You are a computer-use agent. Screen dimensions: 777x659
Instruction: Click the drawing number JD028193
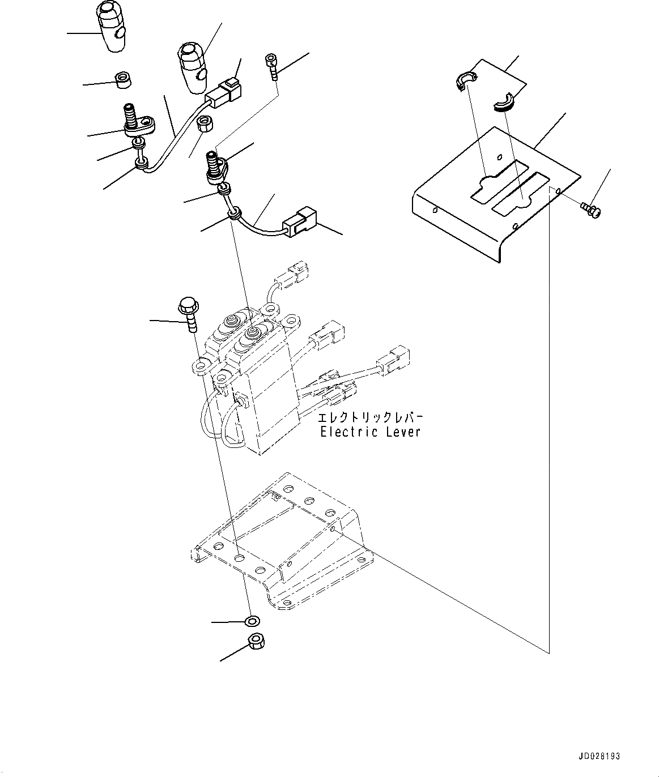[x=599, y=756]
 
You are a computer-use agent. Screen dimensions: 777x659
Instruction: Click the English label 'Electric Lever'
[x=370, y=432]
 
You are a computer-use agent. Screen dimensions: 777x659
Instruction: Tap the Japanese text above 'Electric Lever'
[x=370, y=418]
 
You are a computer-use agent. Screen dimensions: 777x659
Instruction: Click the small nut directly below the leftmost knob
[x=123, y=80]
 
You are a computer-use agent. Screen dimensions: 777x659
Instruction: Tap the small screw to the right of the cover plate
[x=592, y=211]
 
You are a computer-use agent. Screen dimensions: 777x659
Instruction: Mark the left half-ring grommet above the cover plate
[x=464, y=80]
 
